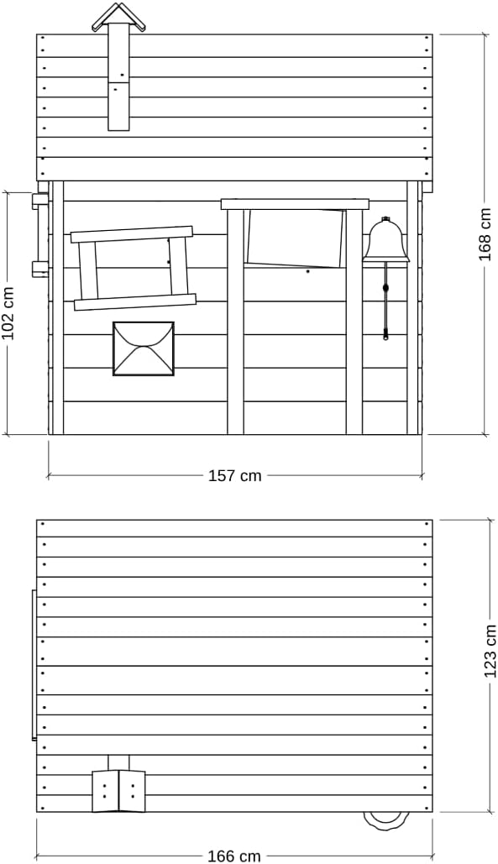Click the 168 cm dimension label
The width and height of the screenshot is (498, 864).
click(485, 234)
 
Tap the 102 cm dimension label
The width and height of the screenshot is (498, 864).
click(9, 313)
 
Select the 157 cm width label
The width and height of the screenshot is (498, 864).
click(234, 475)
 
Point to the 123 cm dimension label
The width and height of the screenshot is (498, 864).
click(490, 651)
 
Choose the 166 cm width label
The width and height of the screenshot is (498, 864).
click(234, 856)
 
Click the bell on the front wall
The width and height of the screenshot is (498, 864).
click(386, 240)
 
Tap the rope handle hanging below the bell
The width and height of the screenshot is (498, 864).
click(386, 302)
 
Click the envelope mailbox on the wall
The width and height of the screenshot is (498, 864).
click(144, 348)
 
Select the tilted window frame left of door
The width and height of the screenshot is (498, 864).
click(134, 268)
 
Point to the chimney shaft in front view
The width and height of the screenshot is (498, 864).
click(118, 77)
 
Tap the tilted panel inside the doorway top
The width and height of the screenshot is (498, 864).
click(296, 238)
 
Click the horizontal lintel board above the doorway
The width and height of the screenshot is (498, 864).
click(295, 204)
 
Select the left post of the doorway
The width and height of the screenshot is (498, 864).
click(235, 322)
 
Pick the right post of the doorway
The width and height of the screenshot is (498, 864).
click(354, 322)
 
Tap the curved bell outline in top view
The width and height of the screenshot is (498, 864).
click(386, 820)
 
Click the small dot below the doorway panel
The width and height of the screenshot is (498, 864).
click(307, 271)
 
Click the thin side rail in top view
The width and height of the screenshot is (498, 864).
click(34, 665)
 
